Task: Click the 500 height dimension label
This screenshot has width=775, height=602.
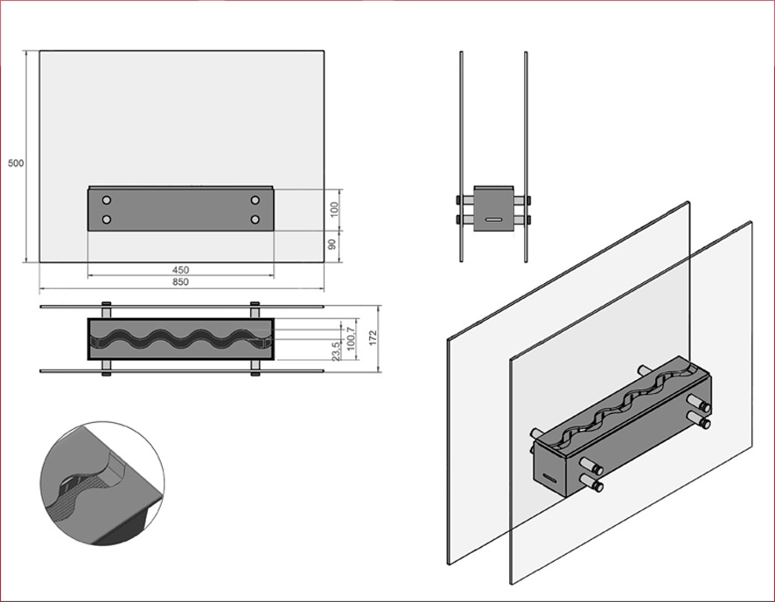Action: click(16, 163)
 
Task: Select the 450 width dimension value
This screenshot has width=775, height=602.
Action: click(180, 270)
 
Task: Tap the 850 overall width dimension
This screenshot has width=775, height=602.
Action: click(180, 282)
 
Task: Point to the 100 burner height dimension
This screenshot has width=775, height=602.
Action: click(335, 210)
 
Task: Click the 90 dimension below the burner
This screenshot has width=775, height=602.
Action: click(332, 245)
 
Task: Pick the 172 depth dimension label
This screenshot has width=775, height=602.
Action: click(373, 338)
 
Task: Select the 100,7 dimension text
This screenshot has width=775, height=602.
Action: click(351, 339)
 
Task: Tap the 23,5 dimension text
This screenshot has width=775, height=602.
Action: click(336, 351)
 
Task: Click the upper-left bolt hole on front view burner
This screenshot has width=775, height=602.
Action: click(106, 200)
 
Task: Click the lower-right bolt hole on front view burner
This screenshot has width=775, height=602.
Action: click(255, 219)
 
